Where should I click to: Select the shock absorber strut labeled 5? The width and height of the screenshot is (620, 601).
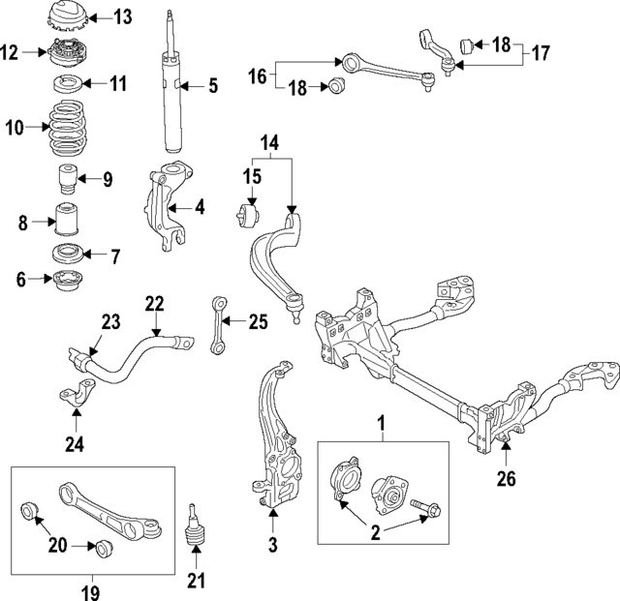tap(174, 92)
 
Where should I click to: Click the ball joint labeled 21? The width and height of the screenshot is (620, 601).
tap(195, 527)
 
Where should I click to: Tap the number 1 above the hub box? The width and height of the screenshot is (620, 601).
tap(381, 423)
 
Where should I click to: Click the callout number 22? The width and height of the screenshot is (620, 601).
tap(155, 304)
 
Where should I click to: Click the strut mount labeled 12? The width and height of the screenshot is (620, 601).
tap(65, 54)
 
